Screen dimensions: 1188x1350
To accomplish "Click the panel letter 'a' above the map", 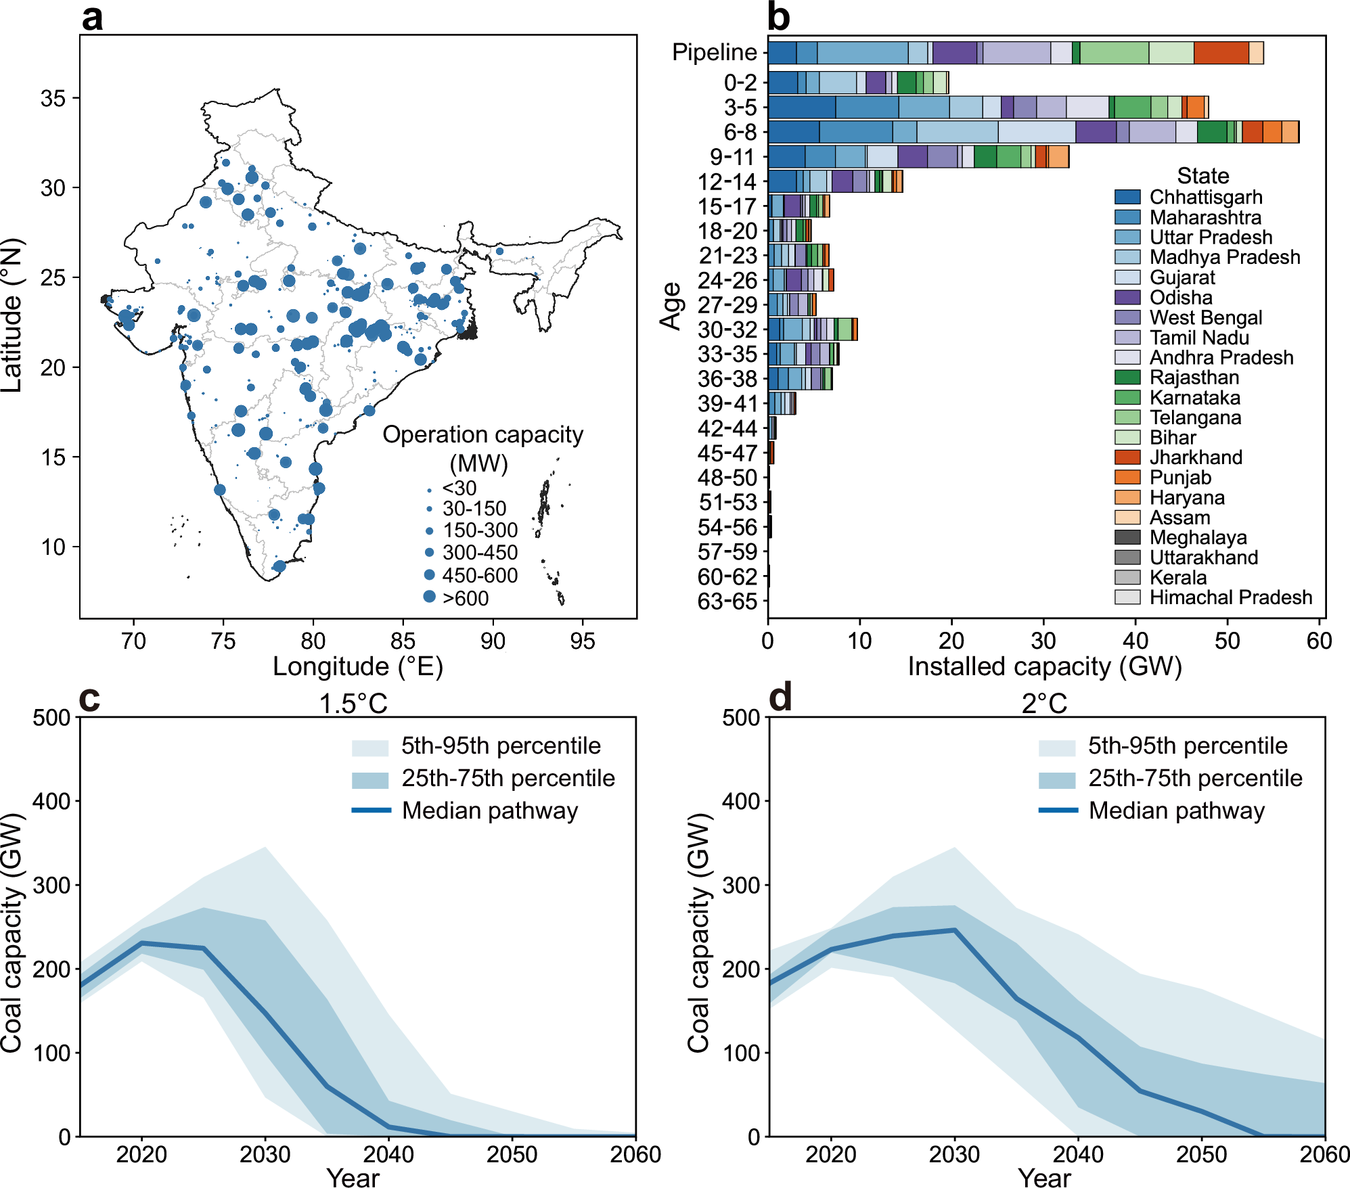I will click(x=93, y=18).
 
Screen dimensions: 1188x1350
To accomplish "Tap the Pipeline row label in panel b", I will click(x=714, y=53).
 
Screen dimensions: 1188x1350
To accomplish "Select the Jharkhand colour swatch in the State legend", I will click(x=1127, y=457).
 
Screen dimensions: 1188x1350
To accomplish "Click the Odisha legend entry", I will click(x=1181, y=298).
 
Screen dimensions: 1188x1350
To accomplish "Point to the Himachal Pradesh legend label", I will click(x=1230, y=597).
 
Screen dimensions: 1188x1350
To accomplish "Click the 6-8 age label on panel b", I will click(x=740, y=132).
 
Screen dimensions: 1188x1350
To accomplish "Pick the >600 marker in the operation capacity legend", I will click(x=429, y=597).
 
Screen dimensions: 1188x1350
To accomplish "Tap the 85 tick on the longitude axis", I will click(x=403, y=641).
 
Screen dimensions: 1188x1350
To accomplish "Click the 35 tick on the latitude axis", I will click(x=53, y=99).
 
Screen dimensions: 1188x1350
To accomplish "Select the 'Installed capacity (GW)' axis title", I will click(x=1044, y=667).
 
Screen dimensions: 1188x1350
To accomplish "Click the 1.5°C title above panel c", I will click(x=353, y=704).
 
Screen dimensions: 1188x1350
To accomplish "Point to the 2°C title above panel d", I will click(x=1044, y=704).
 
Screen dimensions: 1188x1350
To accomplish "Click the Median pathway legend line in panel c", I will click(x=371, y=810).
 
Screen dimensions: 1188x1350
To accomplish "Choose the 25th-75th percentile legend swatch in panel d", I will click(x=1057, y=779).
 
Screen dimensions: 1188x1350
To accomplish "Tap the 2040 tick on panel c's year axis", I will click(x=388, y=1154).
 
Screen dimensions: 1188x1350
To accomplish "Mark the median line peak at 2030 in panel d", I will click(x=955, y=930).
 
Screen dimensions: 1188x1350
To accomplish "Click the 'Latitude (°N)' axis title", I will click(x=12, y=315).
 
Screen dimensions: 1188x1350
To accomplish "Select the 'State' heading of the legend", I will click(x=1202, y=176).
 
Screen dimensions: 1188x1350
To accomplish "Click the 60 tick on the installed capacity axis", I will click(x=1319, y=641).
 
